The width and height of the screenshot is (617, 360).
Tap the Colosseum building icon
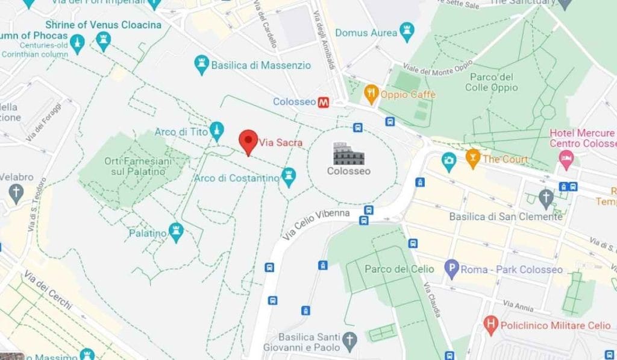(348, 154)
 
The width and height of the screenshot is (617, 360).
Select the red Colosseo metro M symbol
(324, 102)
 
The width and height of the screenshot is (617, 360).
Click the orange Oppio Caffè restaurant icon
(371, 94)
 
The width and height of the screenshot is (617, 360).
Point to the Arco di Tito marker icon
(216, 131)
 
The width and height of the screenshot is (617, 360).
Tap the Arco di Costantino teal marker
(290, 177)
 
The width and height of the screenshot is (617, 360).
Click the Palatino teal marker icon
(176, 232)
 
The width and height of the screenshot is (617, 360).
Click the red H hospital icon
(491, 326)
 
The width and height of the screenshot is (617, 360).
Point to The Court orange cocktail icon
(473, 159)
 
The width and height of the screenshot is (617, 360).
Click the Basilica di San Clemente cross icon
(546, 197)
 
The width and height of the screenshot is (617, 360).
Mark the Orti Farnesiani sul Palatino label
(138, 166)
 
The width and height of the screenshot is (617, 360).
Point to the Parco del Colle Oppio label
(491, 82)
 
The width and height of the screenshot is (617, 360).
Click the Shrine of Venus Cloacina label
(104, 25)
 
